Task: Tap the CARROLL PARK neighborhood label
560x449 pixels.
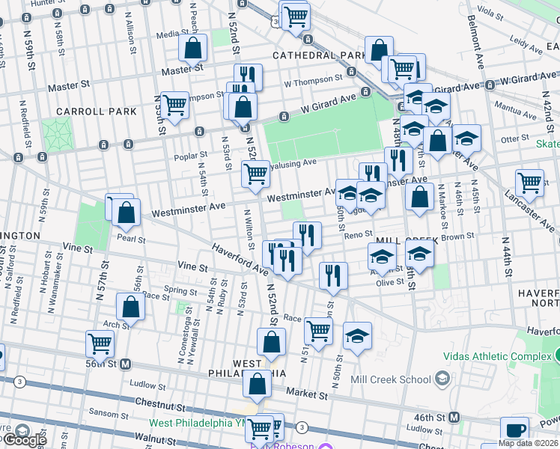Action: (100, 112)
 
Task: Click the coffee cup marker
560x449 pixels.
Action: (514, 431)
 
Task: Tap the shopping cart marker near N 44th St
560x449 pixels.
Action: (529, 183)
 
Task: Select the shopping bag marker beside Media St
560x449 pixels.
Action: (193, 49)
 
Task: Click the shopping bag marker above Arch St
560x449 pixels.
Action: (130, 307)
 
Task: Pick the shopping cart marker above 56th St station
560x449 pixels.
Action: (100, 344)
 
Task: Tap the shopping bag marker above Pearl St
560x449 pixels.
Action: (127, 213)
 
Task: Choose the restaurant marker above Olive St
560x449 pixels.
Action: (333, 275)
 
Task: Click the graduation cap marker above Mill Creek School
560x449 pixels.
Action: (358, 336)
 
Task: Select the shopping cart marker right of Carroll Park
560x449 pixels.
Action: (175, 105)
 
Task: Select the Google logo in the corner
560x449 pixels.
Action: (24, 440)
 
